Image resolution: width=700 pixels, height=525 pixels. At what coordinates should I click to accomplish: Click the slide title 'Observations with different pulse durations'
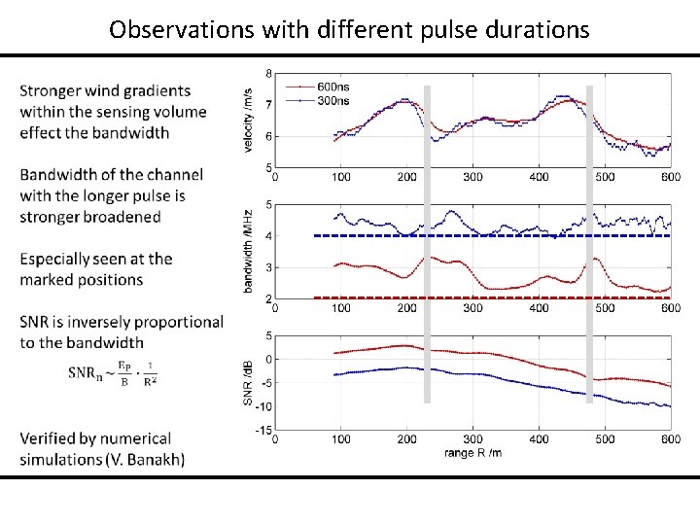[x=349, y=29]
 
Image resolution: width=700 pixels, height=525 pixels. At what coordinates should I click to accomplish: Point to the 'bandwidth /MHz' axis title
[x=249, y=252]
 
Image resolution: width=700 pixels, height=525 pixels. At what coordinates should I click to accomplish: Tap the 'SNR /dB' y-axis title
[x=249, y=383]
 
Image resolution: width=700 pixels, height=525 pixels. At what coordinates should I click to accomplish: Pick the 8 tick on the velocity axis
[x=268, y=73]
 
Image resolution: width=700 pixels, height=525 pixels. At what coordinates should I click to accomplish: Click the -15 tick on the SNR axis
[x=263, y=429]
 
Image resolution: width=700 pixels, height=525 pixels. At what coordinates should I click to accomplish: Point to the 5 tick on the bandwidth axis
[x=268, y=204]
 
